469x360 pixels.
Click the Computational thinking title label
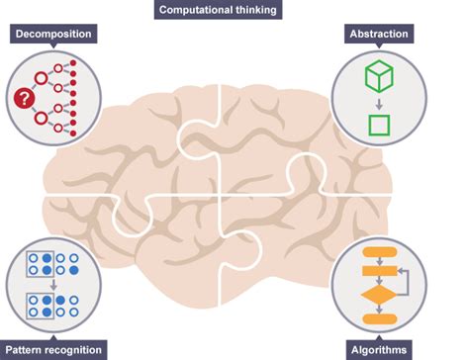tap(219, 10)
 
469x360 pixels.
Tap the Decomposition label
tap(52, 34)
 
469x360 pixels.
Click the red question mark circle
tap(22, 98)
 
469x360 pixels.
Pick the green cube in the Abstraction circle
tap(378, 76)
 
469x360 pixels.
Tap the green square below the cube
tap(378, 126)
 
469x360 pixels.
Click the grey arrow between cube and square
tap(378, 103)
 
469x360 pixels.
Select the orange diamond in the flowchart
tap(378, 295)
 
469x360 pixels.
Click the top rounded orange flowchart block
tap(378, 251)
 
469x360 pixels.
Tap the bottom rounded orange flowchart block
tap(378, 320)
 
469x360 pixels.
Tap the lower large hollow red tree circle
tap(41, 118)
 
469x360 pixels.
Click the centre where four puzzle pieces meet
tap(219, 193)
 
